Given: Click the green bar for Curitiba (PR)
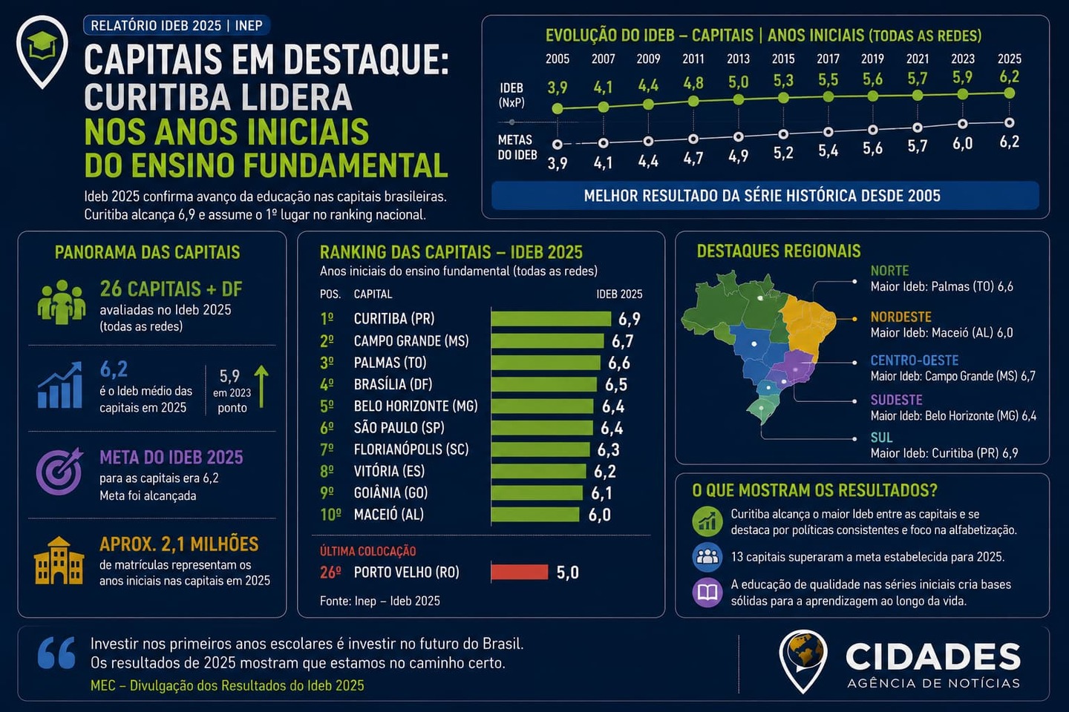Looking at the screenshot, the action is [x=551, y=319].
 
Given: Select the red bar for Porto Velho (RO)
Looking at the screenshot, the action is [x=520, y=572].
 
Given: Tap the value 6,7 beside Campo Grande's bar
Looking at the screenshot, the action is [x=623, y=341].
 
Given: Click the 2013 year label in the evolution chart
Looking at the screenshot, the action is [x=738, y=59].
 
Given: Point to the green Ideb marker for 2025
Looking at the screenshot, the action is [x=1010, y=93].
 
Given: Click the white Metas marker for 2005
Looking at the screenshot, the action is [x=557, y=144].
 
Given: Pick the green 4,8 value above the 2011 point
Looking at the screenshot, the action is [x=693, y=84].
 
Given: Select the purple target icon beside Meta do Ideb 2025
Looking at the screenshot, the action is [x=59, y=471].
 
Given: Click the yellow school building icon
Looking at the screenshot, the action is [x=59, y=561].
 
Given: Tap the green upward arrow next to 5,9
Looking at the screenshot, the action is [x=261, y=386].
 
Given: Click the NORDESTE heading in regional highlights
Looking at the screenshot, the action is [x=900, y=317].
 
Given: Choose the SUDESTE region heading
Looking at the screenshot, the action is [x=896, y=400].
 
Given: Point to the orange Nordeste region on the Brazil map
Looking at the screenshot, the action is [x=809, y=324].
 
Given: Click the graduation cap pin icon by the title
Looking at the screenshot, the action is [x=42, y=51].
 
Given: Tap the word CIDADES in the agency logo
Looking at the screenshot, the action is [x=932, y=656].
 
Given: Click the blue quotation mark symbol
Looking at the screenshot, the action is [x=56, y=653].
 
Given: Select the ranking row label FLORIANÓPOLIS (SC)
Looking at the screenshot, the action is [x=411, y=449].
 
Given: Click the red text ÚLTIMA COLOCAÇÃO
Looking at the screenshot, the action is [x=368, y=551].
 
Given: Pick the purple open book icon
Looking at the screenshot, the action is [x=707, y=593].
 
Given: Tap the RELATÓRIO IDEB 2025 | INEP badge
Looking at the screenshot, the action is [x=177, y=25].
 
